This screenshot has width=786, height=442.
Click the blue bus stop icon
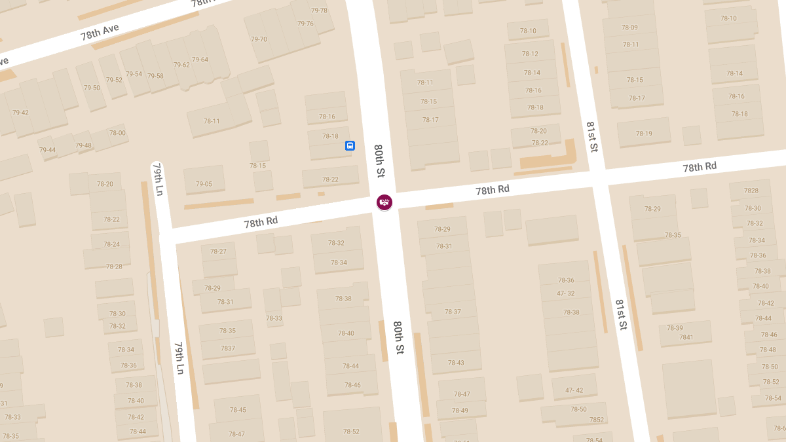point(350,145)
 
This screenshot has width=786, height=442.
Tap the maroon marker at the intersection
point(384,202)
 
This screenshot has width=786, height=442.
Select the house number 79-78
point(319,10)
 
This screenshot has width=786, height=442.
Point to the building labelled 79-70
point(259,39)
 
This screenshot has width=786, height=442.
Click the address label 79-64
point(200,60)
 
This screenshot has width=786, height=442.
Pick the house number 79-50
point(92,88)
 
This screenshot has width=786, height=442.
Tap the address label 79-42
point(20,113)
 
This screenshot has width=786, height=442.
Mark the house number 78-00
point(117,133)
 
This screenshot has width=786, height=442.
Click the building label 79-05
point(204,184)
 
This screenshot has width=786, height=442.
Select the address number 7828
point(751,191)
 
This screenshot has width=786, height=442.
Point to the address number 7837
point(228,348)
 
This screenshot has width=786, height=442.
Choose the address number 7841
point(686,337)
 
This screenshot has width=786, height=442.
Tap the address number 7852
point(596,420)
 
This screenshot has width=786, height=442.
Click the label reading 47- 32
point(565,293)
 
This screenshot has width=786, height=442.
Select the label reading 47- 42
point(574,390)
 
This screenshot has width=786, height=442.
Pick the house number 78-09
point(629,28)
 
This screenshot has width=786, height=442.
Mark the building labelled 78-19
point(644,134)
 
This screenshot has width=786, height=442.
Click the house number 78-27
point(218,251)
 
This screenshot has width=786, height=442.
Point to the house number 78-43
point(456,363)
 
